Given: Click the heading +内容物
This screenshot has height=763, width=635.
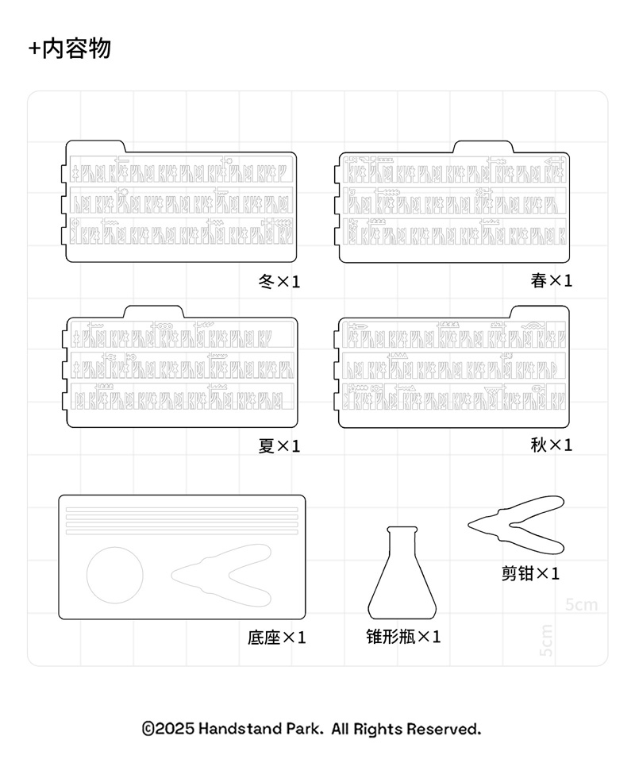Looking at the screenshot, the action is pos(70,48).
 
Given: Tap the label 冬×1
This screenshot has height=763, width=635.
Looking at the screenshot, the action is pos(279,281).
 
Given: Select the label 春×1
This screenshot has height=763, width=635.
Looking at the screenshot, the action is pos(551,280).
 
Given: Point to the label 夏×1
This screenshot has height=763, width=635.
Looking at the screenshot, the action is pos(279,446).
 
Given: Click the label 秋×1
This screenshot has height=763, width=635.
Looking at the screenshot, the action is pos(551,445).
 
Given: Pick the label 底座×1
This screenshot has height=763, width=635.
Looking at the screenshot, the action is pos(276,638).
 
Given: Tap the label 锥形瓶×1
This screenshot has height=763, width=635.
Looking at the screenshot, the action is pos(403,637).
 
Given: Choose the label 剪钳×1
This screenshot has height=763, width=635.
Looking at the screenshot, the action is pos(530,573).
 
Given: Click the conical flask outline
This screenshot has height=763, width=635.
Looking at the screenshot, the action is pos(402,580).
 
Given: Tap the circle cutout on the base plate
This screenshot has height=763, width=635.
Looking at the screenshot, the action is pos(114,575).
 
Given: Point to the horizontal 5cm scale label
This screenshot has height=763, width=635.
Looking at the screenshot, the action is pos(581,605).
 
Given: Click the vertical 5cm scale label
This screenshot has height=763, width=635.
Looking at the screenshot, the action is pos(546,640).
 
